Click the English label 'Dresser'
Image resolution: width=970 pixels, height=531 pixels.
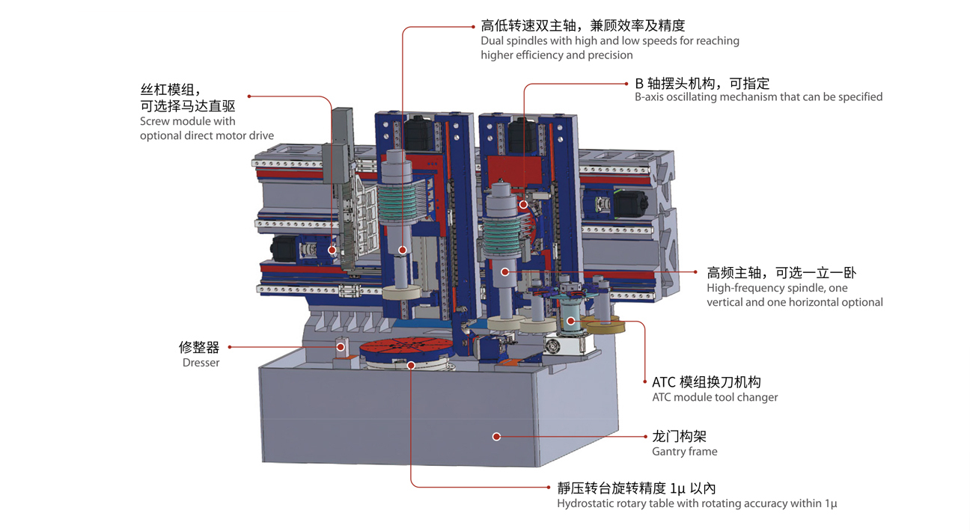pos(201,363)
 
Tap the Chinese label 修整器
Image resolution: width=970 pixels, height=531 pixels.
pos(199,347)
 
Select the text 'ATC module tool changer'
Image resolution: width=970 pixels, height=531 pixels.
pos(715,397)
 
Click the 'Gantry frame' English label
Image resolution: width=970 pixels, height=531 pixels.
pos(684,451)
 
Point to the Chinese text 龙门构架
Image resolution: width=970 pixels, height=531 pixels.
pos(679,436)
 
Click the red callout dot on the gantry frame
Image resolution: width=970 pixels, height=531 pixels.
pos(496,436)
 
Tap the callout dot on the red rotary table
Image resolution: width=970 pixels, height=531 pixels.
pos(411,365)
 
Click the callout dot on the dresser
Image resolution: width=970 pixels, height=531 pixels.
pos(341,347)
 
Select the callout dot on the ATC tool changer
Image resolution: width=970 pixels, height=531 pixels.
pos(571,321)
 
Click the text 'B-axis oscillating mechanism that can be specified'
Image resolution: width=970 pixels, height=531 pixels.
pos(758,96)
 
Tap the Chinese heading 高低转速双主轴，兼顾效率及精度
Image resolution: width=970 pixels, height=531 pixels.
pos(582,25)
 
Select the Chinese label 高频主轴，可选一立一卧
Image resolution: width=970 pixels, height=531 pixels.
pos(781,273)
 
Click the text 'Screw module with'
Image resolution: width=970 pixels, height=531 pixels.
pos(187,121)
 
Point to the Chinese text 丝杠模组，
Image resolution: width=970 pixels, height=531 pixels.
pos(171,89)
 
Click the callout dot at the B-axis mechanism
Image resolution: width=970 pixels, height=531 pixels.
pos(524,204)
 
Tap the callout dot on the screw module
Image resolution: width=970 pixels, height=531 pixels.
pos(332,250)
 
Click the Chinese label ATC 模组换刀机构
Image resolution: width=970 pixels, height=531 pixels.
pos(706,382)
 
